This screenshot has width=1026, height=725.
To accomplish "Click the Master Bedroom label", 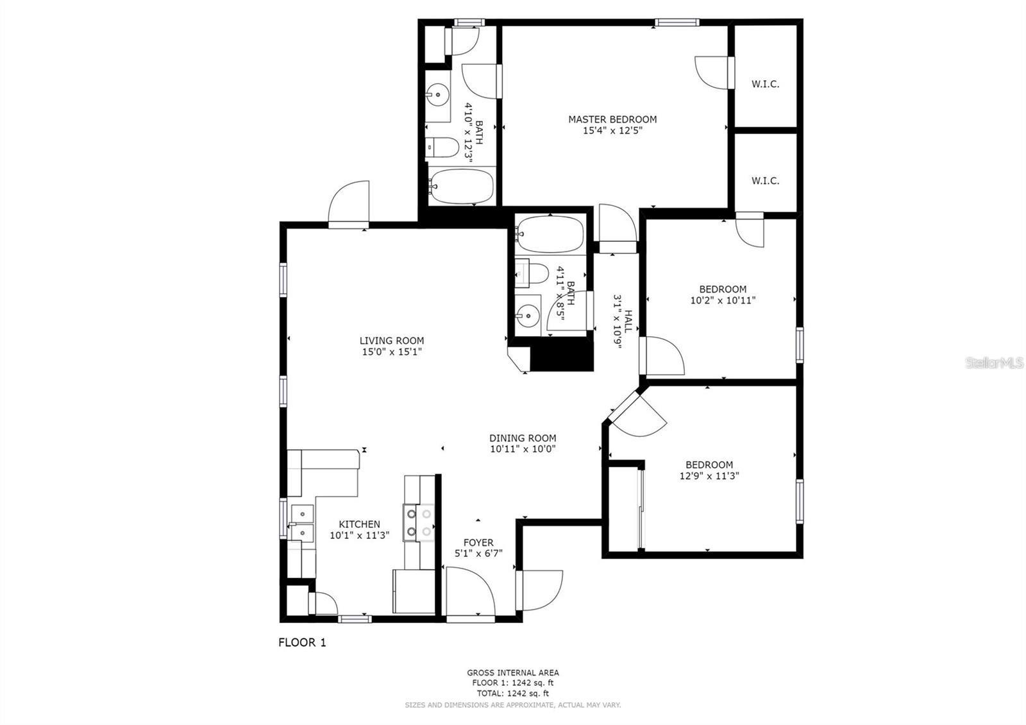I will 612,119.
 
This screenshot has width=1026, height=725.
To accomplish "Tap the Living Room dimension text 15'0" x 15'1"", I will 391,352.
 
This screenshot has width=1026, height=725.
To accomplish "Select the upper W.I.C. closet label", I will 765,84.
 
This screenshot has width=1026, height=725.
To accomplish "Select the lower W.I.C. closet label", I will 765,181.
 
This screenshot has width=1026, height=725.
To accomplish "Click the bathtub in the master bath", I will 461,187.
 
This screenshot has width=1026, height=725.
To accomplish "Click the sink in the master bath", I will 438,96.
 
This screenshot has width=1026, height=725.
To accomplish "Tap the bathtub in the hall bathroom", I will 550,235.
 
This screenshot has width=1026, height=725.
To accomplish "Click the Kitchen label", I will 359,524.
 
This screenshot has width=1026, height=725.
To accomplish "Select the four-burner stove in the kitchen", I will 418,522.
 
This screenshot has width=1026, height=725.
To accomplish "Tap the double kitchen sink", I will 301,523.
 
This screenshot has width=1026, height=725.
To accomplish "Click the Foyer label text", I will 478,543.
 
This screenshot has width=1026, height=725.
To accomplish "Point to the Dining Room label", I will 523,438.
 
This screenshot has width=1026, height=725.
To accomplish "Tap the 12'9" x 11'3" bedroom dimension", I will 709,476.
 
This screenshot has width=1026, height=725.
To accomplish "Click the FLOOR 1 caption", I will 302,642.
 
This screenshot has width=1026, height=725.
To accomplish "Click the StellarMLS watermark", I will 994,363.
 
